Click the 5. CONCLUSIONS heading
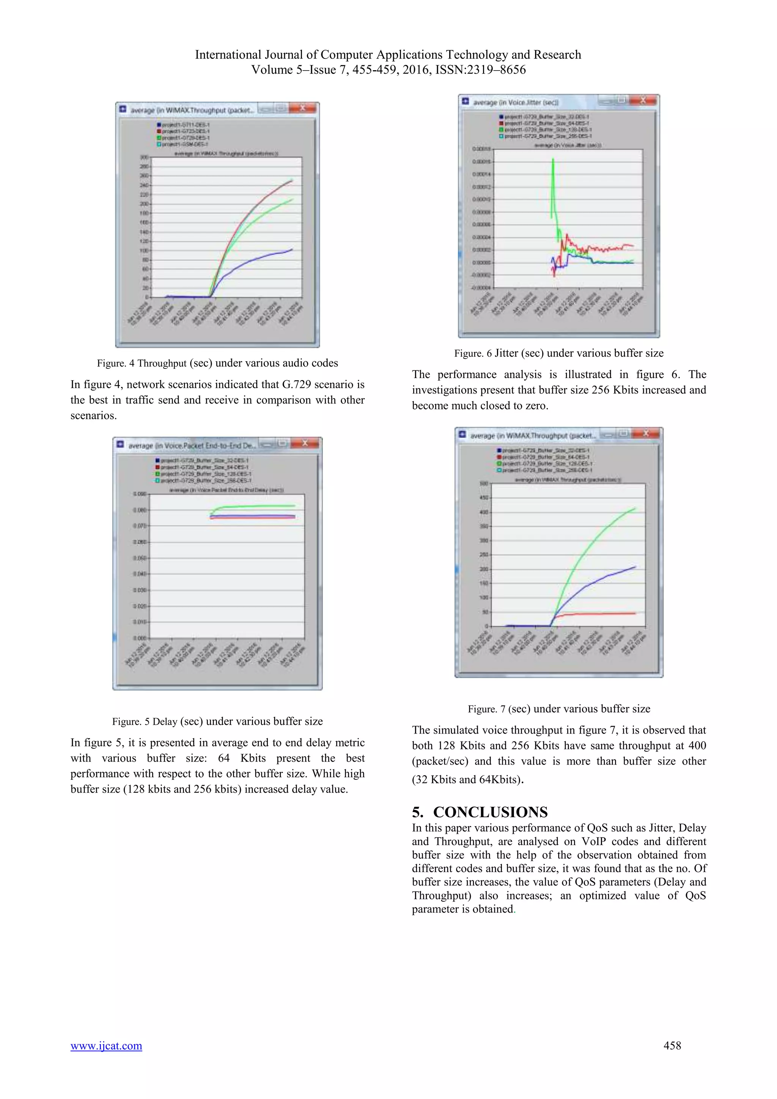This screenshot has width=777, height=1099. coord(480,812)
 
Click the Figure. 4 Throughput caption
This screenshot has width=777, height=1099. coord(217,363)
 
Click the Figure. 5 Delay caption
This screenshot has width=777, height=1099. coord(217,721)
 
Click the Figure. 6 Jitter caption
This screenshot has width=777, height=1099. coord(558,353)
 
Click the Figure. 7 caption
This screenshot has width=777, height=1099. coord(558,709)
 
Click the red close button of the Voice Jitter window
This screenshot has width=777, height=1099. coord(643,100)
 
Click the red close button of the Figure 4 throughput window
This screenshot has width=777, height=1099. coord(302,108)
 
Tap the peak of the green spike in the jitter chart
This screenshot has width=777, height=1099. coord(553,159)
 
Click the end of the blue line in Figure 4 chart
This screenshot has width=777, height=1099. coord(292,249)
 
